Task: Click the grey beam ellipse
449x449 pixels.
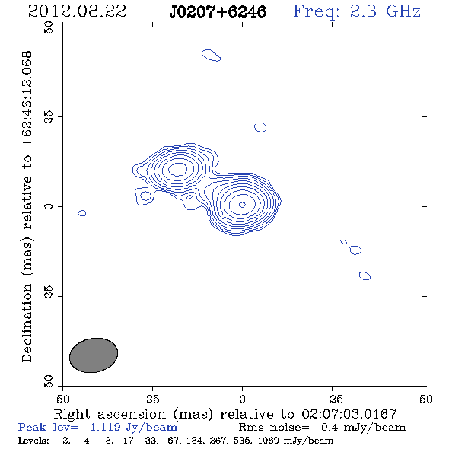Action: pos(94,355)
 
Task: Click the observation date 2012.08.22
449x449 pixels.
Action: pos(78,11)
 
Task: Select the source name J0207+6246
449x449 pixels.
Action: pos(218,11)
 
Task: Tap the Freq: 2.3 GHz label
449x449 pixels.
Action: pos(357,11)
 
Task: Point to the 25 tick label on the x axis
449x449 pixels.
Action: pos(152,400)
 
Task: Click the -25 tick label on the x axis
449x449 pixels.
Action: pos(332,400)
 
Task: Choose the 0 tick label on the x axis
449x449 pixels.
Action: pos(242,400)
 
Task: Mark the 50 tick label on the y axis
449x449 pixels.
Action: pos(49,27)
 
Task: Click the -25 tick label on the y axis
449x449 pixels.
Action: pos(49,296)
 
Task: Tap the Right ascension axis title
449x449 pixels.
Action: pos(225,414)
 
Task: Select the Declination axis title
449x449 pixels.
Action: pos(27,206)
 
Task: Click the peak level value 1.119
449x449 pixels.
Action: pos(105,428)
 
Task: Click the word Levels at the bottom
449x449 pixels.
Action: pos(33,441)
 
